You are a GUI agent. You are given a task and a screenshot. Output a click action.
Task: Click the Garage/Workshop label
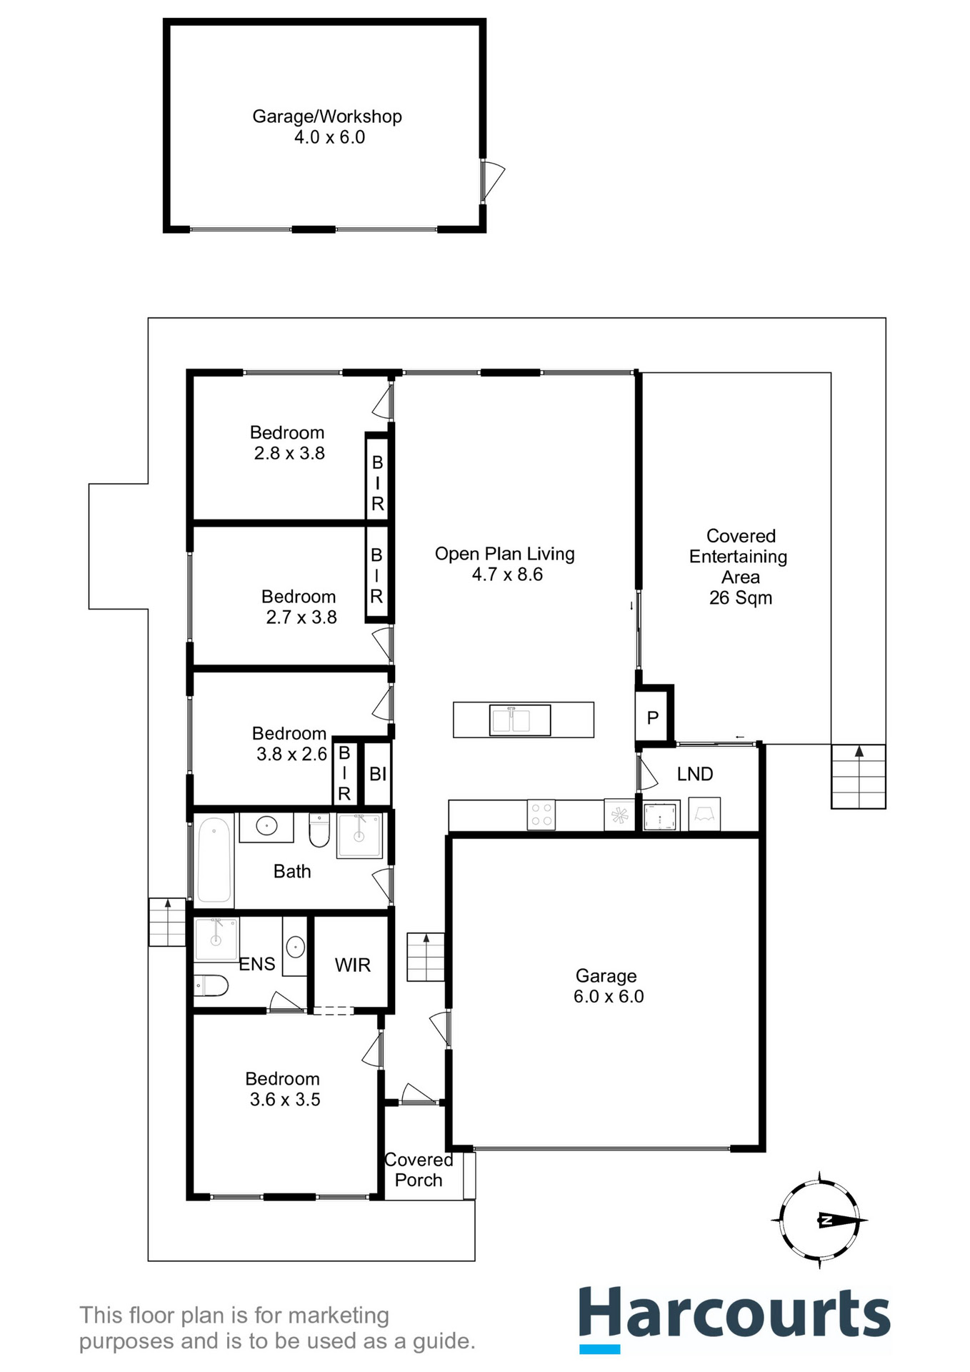(327, 116)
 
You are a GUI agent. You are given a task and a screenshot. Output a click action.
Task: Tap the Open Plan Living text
(504, 554)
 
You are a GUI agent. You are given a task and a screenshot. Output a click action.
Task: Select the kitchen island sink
(520, 720)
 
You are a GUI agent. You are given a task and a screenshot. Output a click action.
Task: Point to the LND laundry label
(695, 774)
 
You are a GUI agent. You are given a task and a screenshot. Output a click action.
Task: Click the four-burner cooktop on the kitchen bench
(541, 815)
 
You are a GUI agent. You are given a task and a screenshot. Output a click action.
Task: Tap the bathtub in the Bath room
(214, 860)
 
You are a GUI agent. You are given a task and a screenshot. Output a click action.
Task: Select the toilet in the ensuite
(211, 986)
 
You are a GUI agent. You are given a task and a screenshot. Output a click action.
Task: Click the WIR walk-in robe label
(353, 965)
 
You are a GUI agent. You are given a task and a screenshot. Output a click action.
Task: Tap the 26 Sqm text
(741, 598)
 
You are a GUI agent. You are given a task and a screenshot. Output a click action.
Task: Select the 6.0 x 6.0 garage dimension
(609, 997)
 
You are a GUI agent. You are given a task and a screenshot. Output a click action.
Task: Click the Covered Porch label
(419, 1170)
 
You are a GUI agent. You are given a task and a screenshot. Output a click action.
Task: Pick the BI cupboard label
(378, 774)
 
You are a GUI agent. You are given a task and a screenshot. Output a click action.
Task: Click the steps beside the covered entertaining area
(859, 777)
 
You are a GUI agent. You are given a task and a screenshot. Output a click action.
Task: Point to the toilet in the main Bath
(319, 830)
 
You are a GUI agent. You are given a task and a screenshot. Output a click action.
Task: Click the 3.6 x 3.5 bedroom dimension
(285, 1100)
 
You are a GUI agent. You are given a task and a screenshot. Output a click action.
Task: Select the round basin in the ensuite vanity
(295, 948)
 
